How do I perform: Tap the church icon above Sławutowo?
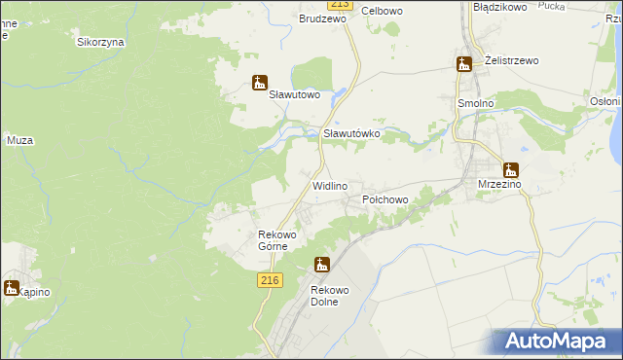(x=259, y=82)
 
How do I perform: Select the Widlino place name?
(x=330, y=185)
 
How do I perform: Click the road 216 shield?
(x=271, y=280)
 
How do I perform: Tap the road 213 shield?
(x=335, y=4)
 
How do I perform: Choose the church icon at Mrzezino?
(x=510, y=168)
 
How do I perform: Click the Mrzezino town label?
(x=500, y=183)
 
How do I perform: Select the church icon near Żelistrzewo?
(x=464, y=64)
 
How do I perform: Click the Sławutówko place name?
(x=350, y=133)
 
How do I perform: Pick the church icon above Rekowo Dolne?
(x=322, y=265)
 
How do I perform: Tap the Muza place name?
(x=20, y=141)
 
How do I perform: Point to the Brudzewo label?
(x=323, y=18)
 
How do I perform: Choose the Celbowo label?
(x=383, y=11)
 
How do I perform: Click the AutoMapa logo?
(x=558, y=342)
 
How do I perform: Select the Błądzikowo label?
(x=499, y=7)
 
